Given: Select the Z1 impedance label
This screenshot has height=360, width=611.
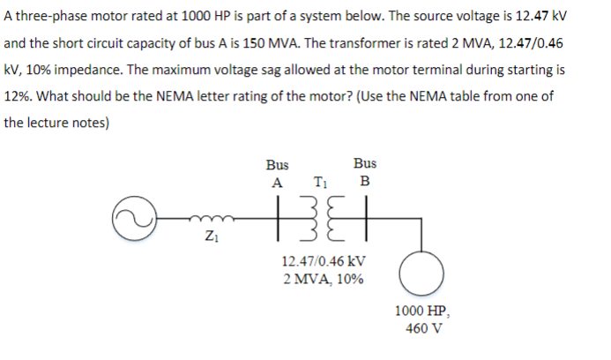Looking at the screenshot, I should point(209,236).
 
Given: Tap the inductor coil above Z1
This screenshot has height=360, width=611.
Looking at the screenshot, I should point(210,220).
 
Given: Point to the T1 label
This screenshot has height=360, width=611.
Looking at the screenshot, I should point(320,184).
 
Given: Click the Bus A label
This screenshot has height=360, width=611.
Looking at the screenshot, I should point(278,173).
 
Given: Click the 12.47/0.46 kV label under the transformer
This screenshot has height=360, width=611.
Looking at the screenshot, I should point(323,262).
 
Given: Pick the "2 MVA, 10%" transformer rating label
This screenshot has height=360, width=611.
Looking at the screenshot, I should point(323,280).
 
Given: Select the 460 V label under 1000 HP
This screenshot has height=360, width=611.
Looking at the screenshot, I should point(424,328).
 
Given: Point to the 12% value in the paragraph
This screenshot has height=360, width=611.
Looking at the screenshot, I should point(17,95).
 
